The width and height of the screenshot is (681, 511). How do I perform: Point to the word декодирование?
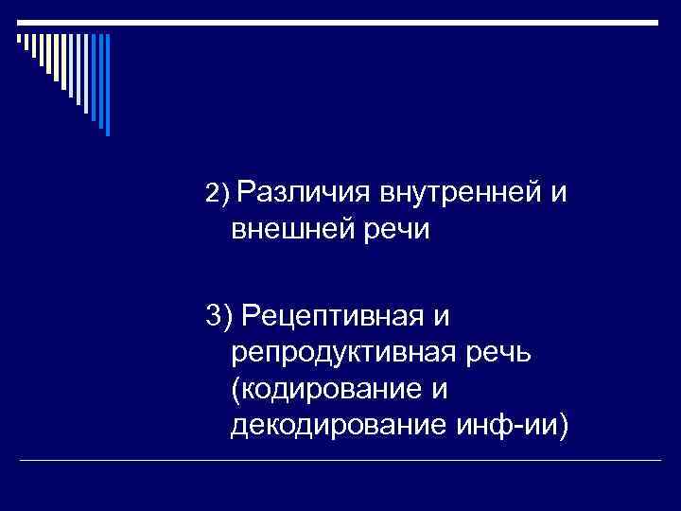tap(330, 426)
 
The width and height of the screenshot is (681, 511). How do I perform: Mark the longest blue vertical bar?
tap(107, 85)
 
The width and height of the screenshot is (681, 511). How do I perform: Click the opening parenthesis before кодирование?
tap(235, 389)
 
